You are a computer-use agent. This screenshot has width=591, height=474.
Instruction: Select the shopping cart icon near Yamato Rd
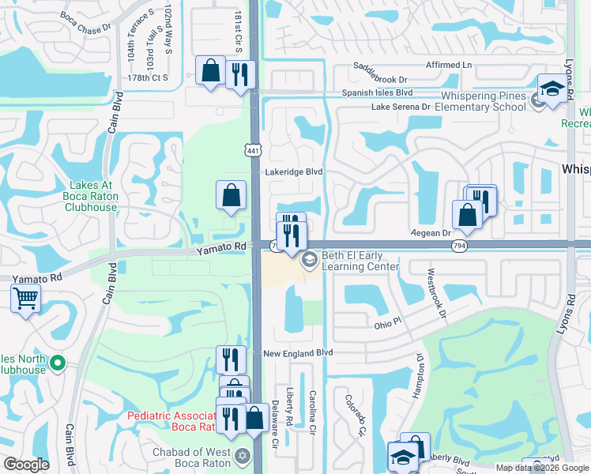pos(26,299)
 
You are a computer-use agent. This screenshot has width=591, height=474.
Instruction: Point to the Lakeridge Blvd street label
pos(293,171)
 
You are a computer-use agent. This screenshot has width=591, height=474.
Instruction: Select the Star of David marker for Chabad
pos(243,456)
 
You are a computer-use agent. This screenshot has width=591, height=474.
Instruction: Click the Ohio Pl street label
pos(388,325)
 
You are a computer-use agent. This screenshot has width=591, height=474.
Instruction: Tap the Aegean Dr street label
pos(430,233)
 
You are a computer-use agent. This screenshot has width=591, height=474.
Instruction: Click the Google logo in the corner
pos(26,465)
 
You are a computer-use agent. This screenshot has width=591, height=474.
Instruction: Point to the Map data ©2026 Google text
pos(542,468)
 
